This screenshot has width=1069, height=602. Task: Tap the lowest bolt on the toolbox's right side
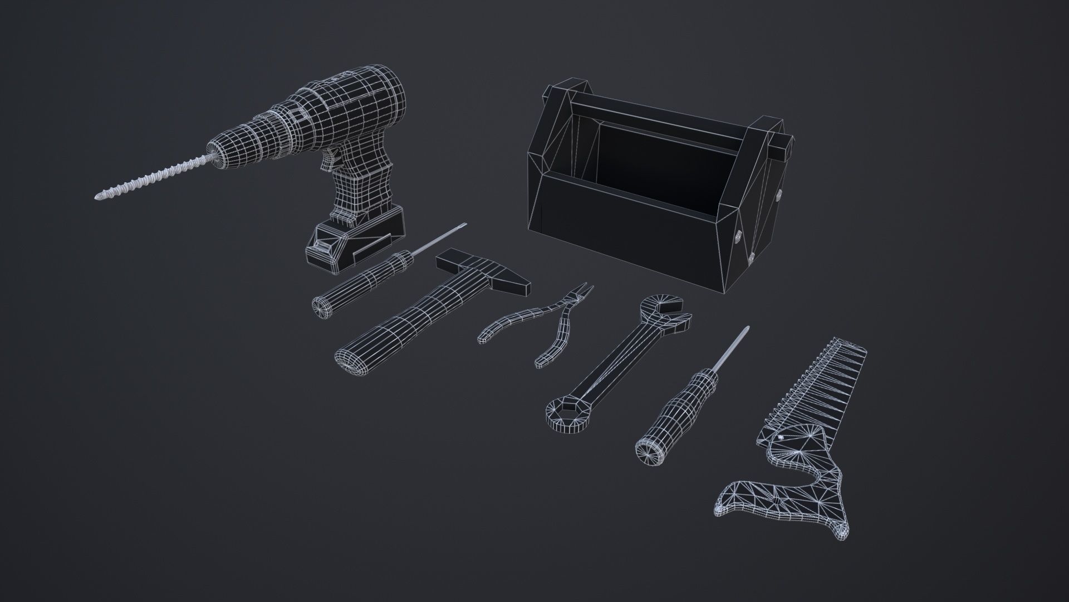751,256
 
